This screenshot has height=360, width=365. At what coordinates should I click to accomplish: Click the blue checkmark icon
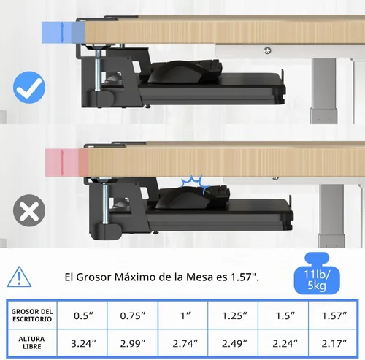click(x=29, y=88)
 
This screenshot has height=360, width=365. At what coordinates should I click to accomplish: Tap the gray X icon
click(x=29, y=210)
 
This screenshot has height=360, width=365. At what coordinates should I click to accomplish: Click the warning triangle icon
click(x=19, y=277)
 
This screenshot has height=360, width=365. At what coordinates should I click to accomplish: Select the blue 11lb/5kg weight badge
click(x=317, y=273)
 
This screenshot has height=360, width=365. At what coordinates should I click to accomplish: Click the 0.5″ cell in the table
click(x=83, y=315)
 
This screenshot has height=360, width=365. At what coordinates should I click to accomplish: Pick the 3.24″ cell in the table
click(x=83, y=343)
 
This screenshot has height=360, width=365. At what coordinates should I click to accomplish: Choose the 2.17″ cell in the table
click(x=334, y=343)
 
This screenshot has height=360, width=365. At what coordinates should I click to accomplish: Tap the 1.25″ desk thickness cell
click(x=234, y=315)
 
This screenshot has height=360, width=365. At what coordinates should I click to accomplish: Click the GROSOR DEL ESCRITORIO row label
click(x=32, y=315)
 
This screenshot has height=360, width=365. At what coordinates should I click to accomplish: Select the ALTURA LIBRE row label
click(x=32, y=342)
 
